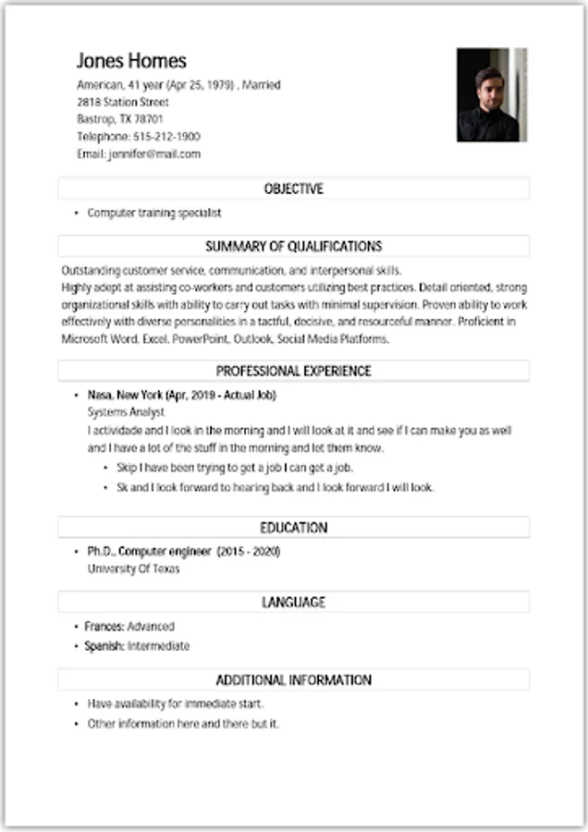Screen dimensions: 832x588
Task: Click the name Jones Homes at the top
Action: tap(131, 61)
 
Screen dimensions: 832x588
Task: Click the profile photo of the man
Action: tap(492, 94)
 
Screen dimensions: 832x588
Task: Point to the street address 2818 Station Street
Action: tap(123, 102)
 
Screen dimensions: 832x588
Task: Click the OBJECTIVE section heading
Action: tap(294, 189)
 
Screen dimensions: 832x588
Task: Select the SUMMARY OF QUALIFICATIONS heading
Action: tap(294, 246)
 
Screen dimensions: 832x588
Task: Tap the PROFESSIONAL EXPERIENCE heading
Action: tap(294, 371)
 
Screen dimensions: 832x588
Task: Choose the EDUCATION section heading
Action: tap(294, 527)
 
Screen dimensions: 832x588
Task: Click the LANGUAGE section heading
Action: tap(294, 602)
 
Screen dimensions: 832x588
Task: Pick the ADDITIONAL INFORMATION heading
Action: tap(294, 679)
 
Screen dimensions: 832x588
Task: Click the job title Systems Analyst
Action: tap(126, 412)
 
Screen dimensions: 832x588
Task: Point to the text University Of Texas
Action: tap(134, 569)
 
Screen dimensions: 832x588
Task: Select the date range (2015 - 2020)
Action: tap(248, 552)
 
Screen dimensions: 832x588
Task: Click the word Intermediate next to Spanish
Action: tap(158, 646)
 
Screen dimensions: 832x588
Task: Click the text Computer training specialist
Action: tap(154, 213)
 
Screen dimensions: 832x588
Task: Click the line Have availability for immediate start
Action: tap(176, 704)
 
